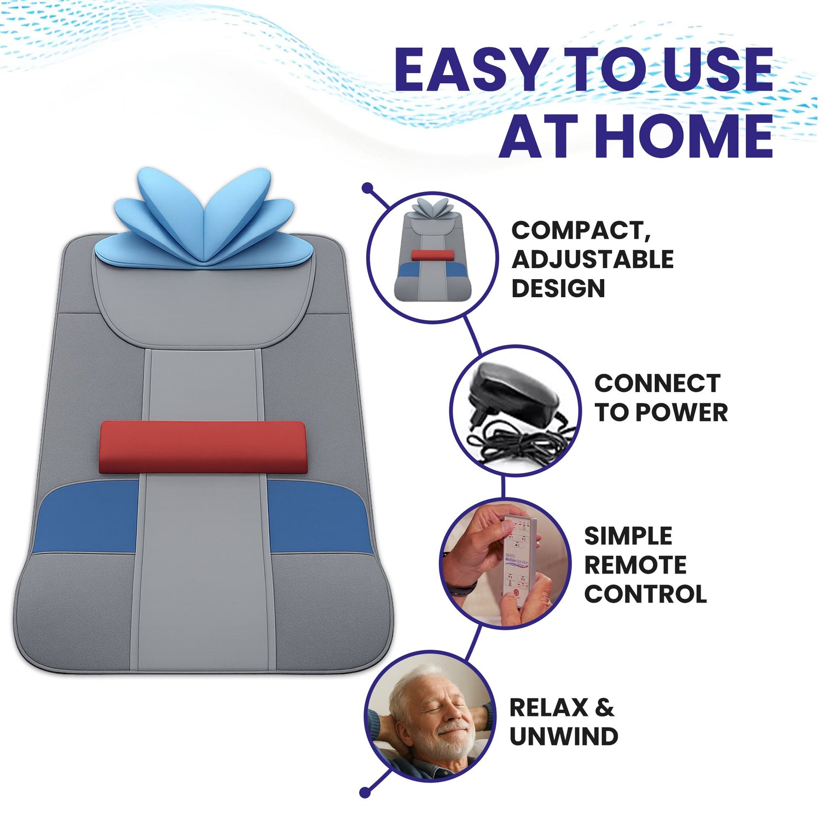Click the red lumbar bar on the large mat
pyautogui.click(x=202, y=447)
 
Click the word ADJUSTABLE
pyautogui.click(x=592, y=259)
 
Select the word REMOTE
pyautogui.click(x=635, y=565)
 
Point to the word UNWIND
pyautogui.click(x=564, y=737)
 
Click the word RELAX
pyautogui.click(x=548, y=708)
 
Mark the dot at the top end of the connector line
pyautogui.click(x=368, y=188)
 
